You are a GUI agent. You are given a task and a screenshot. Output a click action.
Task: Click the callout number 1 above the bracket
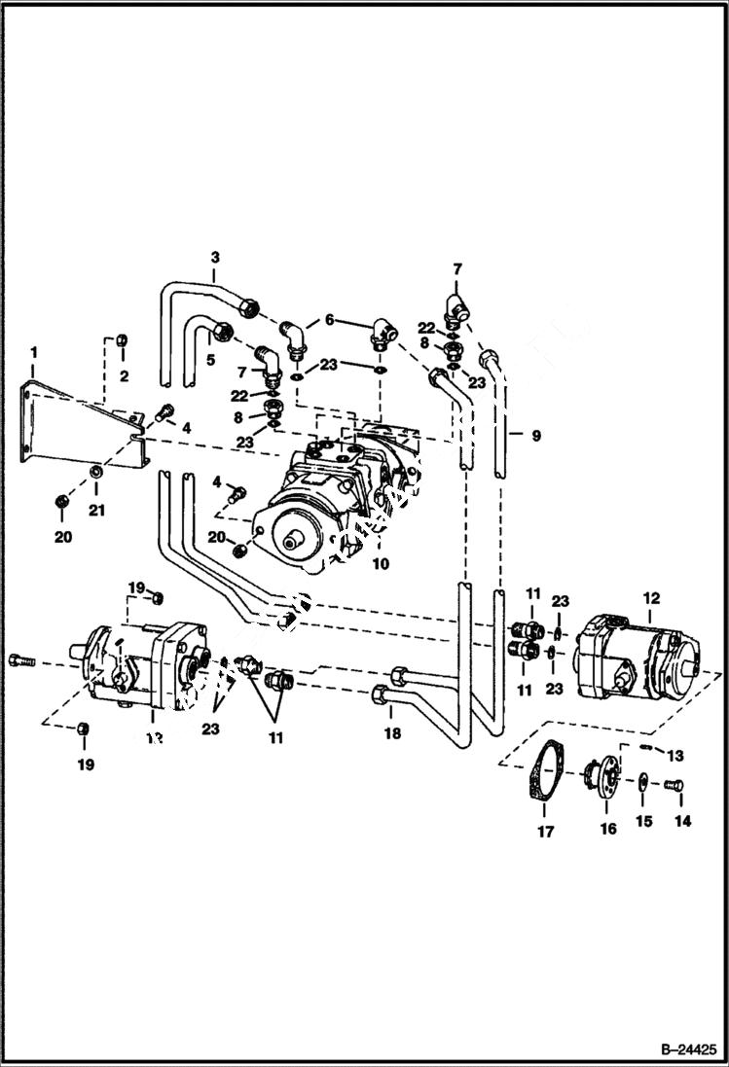point(33,349)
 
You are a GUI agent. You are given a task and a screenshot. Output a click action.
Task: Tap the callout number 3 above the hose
point(215,257)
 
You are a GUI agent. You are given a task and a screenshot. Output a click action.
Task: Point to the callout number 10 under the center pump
point(381,563)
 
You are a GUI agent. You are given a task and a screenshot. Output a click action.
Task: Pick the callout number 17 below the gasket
point(545,832)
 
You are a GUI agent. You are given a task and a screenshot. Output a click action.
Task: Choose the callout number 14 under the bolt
point(682,822)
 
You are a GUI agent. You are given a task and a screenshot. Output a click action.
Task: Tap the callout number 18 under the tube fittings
point(392,734)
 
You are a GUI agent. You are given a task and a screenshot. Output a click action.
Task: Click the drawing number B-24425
point(685,1049)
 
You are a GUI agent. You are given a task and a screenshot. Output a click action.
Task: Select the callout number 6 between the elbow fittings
point(329,320)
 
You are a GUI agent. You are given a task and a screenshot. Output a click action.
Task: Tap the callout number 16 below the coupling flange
point(608,829)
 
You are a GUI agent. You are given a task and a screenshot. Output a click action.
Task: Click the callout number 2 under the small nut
point(125,375)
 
